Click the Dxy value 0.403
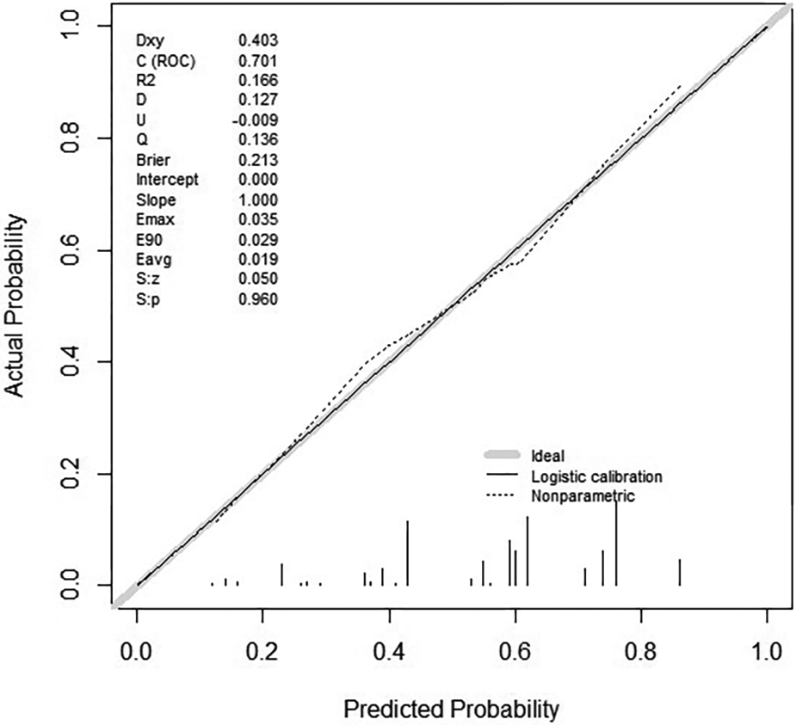257,40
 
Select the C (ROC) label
164,59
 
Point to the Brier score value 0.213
257,160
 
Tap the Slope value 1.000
257,200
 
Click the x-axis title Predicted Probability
452,709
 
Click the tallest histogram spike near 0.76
616,542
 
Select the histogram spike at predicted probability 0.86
679,572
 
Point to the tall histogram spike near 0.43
407,553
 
